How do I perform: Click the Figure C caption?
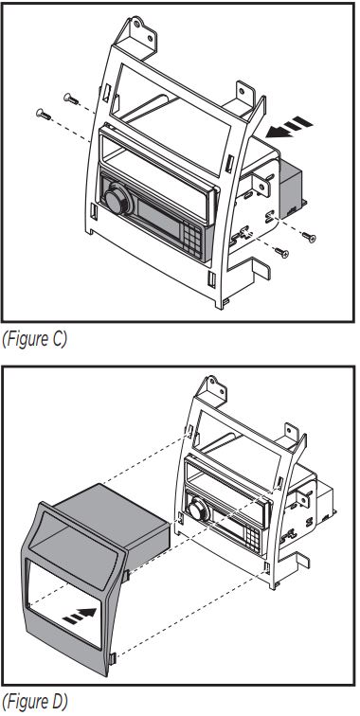point(34,339)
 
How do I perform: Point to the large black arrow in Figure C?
point(289,127)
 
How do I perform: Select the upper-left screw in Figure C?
point(71,98)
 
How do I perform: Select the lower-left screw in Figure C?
point(44,114)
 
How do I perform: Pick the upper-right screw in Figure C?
point(309,237)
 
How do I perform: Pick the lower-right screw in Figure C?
point(281,252)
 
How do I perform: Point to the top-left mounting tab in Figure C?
point(135,33)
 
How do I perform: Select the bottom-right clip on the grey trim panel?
point(114,658)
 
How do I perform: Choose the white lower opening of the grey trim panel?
point(64,601)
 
